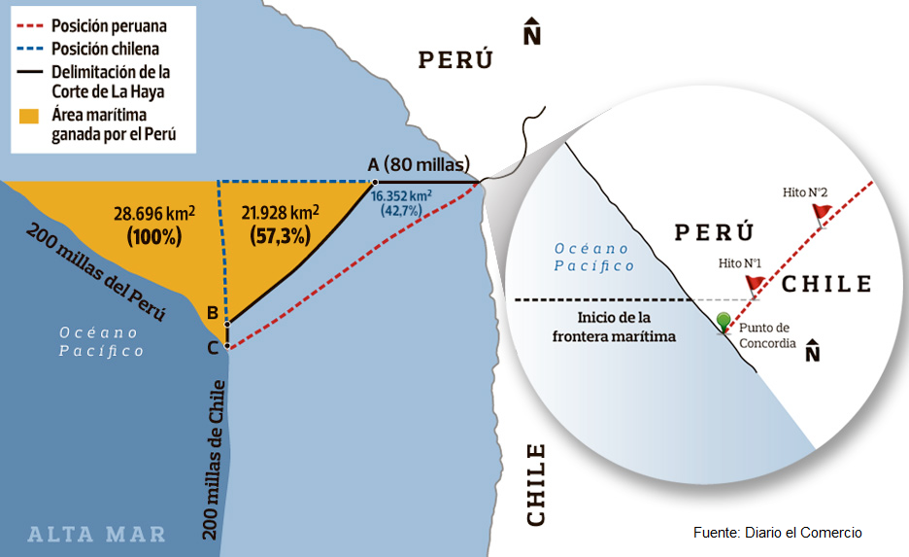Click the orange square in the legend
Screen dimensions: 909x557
29,116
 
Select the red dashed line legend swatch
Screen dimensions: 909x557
30,24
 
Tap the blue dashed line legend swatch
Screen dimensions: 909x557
30,48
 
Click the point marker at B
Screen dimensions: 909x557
226,325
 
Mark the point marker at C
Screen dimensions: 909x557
226,345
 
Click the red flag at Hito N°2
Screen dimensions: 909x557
822,211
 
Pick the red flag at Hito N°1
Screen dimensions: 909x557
755,283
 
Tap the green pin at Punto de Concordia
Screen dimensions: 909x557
724,322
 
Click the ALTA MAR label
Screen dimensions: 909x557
96,534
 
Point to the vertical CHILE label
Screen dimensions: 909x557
535,485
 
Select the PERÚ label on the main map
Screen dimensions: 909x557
455,60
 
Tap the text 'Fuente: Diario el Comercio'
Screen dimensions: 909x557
777,533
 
